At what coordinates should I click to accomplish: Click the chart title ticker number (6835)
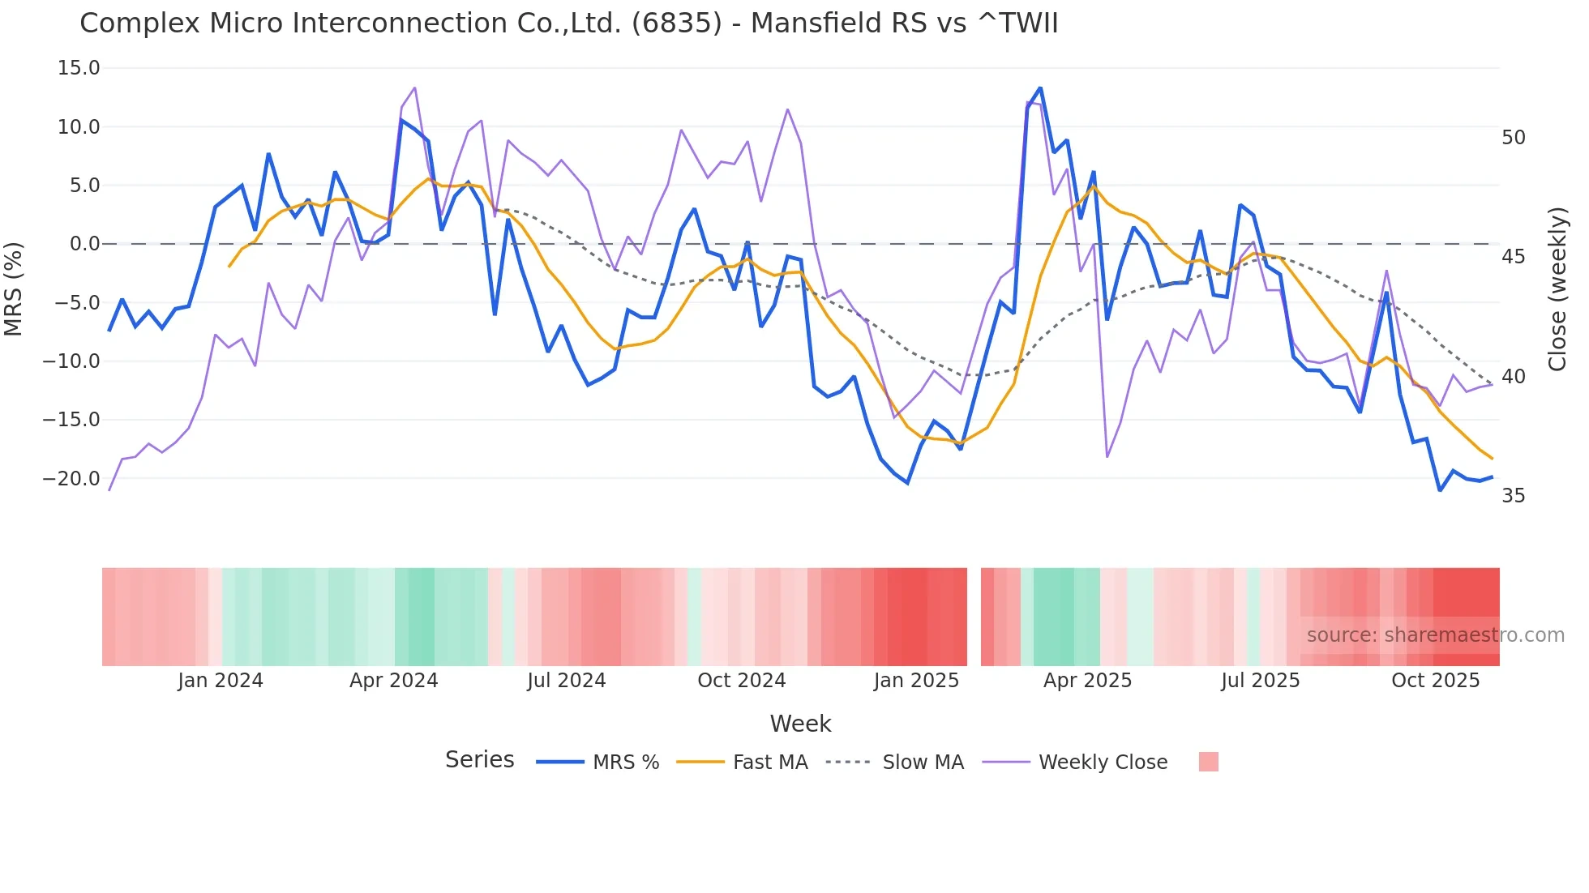[x=676, y=23]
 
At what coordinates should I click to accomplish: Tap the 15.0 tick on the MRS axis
[x=79, y=68]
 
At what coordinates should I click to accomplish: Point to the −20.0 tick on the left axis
[x=71, y=479]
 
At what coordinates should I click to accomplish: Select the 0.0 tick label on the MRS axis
[x=85, y=244]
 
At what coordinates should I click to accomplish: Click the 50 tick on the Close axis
[x=1513, y=138]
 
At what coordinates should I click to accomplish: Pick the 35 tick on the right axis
[x=1513, y=496]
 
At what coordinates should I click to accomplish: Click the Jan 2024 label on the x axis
[x=221, y=681]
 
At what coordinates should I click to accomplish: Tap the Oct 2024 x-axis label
[x=741, y=681]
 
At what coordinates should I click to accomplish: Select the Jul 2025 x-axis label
[x=1260, y=681]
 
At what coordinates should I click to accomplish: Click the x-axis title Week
[x=800, y=724]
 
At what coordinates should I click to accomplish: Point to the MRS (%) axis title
[x=14, y=288]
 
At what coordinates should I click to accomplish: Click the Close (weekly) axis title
[x=1557, y=288]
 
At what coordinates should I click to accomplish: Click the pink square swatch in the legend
[x=1208, y=762]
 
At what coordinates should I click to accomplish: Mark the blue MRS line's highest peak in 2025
[x=1040, y=88]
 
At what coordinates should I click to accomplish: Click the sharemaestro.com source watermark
[x=1435, y=635]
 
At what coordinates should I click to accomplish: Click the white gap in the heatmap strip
[x=974, y=617]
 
